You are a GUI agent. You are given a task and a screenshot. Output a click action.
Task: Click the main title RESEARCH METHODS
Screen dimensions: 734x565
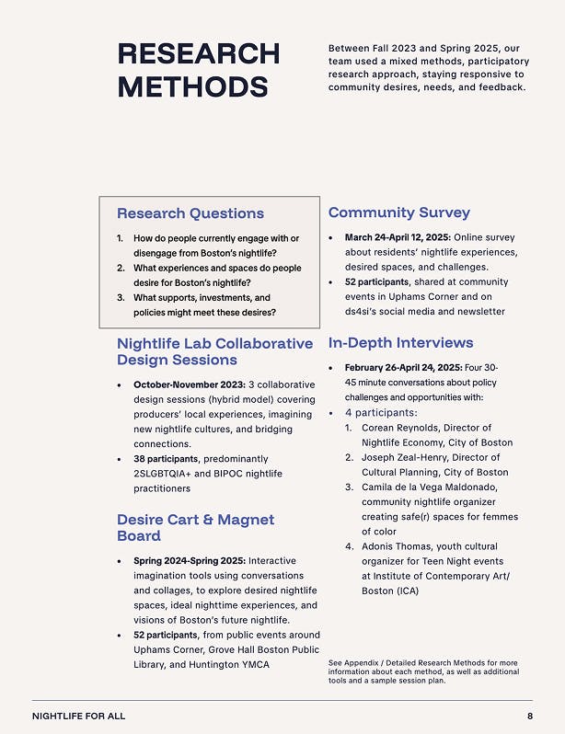[x=198, y=69]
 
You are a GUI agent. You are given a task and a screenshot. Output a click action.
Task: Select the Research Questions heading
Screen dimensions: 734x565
[x=190, y=213]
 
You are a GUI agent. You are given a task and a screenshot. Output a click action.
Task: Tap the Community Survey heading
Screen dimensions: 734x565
[x=398, y=212]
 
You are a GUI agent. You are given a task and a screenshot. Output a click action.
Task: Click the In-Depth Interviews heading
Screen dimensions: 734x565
[x=400, y=343]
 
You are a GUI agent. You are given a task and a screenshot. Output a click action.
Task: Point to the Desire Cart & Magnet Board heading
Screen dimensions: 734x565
[x=195, y=527]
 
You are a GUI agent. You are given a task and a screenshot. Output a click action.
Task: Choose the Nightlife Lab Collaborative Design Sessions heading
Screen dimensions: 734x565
[x=214, y=351]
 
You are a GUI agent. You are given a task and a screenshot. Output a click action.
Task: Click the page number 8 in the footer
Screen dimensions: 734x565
[x=530, y=716]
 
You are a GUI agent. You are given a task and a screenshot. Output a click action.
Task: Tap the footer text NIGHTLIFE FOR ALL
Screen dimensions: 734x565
[x=78, y=716]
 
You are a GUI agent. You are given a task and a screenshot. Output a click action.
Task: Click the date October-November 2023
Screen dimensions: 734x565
[x=189, y=384]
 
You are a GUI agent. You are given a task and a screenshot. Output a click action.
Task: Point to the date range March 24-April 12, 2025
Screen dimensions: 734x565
[x=398, y=237]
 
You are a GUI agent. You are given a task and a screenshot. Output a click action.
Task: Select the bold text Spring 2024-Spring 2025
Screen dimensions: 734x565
[x=189, y=560]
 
